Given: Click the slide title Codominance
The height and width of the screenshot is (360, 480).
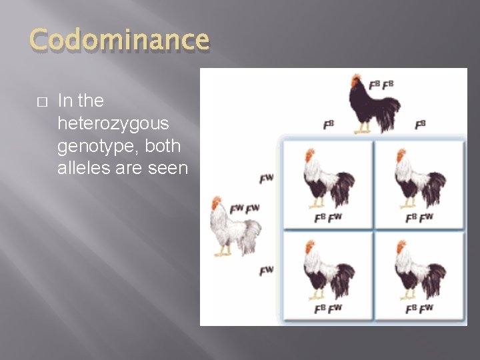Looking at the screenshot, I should [119, 41].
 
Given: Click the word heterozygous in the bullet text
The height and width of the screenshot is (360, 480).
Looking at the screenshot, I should [113, 123].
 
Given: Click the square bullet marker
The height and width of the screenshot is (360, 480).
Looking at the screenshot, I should [39, 102].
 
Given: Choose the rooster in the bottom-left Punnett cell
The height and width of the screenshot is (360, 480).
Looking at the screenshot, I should [327, 270].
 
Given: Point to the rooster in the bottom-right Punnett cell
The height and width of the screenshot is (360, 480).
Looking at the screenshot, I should [419, 270].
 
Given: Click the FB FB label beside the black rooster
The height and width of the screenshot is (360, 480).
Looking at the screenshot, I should [381, 85].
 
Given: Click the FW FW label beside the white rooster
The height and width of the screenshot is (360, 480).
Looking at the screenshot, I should [244, 209].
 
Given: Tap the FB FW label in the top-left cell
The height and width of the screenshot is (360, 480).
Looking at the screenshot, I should [328, 217].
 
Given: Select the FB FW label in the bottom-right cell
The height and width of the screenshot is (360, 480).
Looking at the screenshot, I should [419, 308].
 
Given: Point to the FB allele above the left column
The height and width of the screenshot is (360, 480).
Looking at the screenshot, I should [328, 125].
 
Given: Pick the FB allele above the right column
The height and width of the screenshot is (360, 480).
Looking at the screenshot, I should [420, 125].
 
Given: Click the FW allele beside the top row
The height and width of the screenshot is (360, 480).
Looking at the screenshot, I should [266, 179].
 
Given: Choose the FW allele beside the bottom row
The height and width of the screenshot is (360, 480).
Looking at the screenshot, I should [266, 270].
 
